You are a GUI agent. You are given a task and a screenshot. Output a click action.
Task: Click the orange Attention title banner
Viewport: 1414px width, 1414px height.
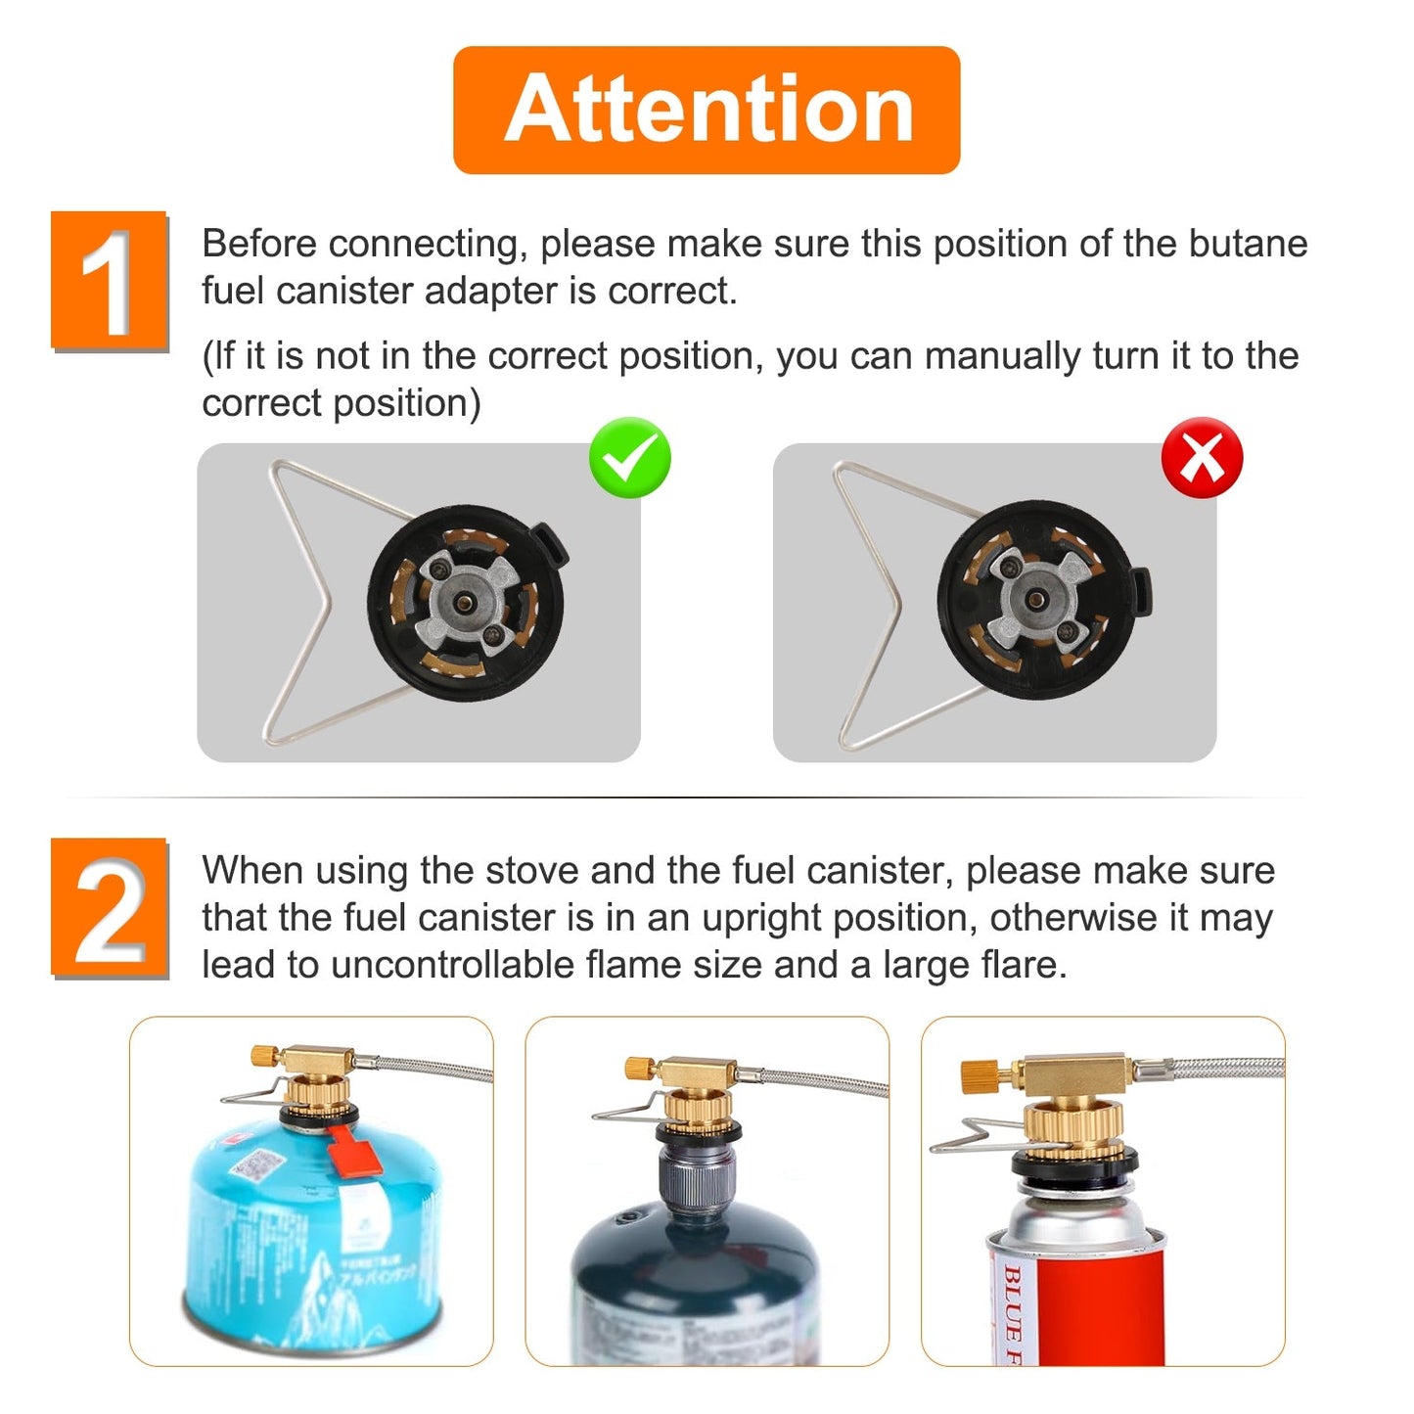tap(707, 110)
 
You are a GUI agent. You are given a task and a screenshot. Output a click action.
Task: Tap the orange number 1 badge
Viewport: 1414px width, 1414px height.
tap(110, 281)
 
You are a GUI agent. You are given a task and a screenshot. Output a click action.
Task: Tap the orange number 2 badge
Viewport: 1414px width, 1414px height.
tap(110, 908)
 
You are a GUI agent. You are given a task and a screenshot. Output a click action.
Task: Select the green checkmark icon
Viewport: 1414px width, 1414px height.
tap(630, 458)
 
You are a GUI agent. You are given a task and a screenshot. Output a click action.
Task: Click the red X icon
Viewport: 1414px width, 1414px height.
tap(1202, 458)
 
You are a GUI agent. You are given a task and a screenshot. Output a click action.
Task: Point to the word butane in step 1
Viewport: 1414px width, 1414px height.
tap(1248, 244)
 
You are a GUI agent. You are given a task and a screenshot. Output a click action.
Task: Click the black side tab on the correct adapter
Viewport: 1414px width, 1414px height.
tap(550, 545)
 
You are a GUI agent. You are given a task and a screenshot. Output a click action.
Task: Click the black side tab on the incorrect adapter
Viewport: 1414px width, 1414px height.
tap(1141, 591)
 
